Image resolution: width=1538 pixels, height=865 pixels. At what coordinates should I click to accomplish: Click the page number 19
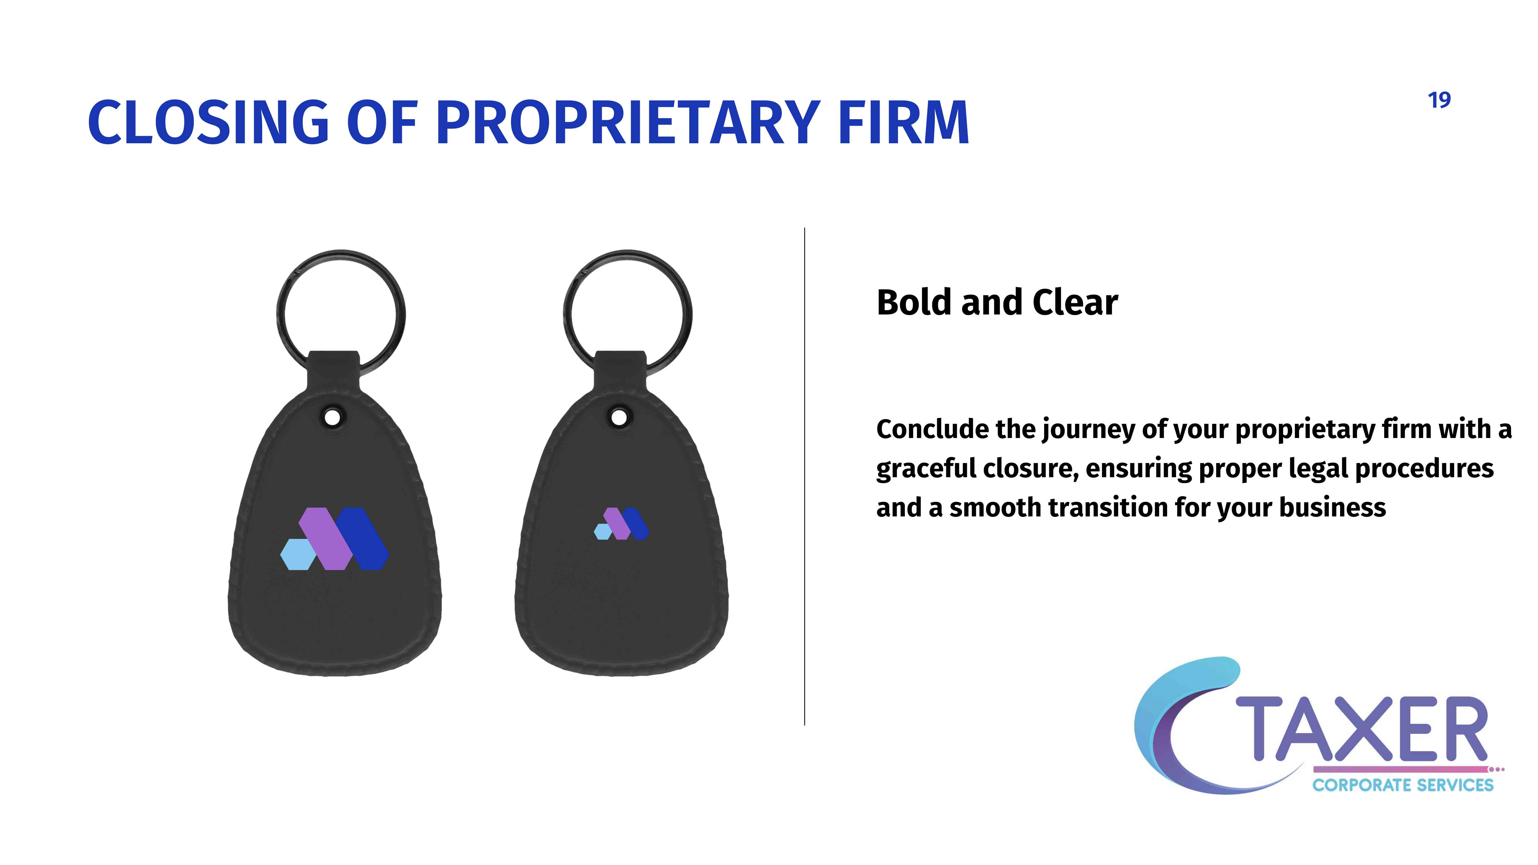click(1440, 100)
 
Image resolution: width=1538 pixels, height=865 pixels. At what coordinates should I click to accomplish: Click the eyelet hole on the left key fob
click(332, 417)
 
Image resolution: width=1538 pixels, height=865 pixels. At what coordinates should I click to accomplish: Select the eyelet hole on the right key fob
click(619, 417)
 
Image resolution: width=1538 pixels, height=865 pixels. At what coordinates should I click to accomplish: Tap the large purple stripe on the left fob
click(326, 538)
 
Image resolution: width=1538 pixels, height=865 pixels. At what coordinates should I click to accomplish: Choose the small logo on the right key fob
click(621, 524)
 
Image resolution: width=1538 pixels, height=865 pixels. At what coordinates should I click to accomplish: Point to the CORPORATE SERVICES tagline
click(1402, 785)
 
